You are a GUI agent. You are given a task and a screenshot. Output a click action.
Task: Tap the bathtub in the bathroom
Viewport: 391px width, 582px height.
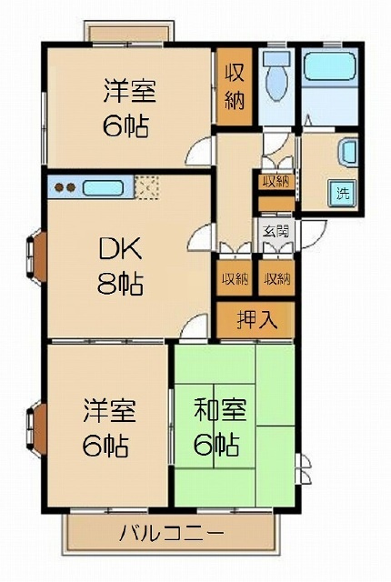pos(329,65)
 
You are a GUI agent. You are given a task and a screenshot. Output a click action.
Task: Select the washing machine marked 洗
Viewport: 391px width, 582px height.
pos(342,193)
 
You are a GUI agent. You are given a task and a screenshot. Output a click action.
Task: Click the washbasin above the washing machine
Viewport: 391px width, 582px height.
pos(348,152)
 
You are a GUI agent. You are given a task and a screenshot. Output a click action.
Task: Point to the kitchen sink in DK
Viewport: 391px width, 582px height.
pos(103,188)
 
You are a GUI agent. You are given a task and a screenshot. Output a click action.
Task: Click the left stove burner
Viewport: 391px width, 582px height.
pos(59,187)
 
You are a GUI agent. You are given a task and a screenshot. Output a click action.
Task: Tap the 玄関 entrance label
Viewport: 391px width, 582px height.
pos(276,232)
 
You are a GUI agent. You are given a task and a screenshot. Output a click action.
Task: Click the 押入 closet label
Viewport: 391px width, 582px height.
pos(256,319)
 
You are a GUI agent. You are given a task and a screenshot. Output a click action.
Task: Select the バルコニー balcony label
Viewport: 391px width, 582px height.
pos(171,534)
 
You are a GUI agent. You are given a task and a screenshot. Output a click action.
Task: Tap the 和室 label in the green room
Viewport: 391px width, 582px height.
pos(220,409)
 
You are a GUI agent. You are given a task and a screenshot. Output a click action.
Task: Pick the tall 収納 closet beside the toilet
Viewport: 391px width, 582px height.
pos(235,86)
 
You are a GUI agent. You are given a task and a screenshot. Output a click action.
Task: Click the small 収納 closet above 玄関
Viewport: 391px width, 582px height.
pos(276,182)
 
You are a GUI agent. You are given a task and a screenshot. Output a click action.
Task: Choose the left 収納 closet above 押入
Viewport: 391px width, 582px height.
pos(235,278)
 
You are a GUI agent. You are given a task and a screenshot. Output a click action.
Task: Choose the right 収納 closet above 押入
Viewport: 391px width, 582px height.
pos(276,278)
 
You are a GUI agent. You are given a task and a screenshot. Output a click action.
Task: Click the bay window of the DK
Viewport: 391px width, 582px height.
pos(36,257)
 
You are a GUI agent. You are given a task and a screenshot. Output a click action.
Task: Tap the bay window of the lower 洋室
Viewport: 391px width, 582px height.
pos(36,429)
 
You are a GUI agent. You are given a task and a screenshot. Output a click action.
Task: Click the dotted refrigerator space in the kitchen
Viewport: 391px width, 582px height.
pos(146,188)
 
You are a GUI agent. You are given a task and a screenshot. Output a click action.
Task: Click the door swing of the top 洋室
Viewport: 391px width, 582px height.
pos(200,151)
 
